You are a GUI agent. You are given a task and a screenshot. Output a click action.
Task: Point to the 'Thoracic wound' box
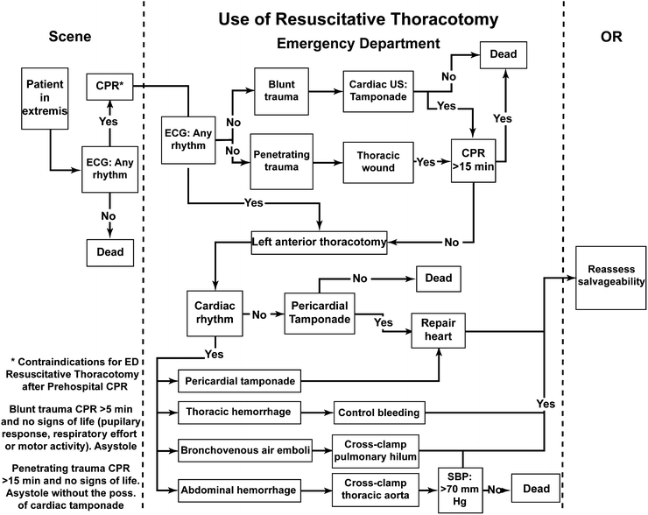[x=377, y=162]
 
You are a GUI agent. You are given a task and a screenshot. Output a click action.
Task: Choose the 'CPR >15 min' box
[x=473, y=162]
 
